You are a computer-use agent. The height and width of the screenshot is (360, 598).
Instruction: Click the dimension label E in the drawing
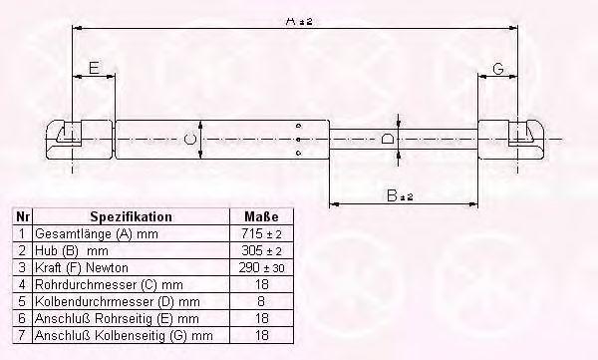(x=94, y=68)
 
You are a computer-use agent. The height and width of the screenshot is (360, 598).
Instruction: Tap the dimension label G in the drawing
(x=498, y=69)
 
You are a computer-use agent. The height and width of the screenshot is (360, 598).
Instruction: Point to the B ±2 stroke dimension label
(x=400, y=195)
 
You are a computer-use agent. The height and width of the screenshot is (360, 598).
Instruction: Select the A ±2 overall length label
(x=299, y=21)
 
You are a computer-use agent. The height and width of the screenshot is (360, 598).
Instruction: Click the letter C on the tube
(x=190, y=139)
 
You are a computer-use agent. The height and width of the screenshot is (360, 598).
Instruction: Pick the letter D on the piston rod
(x=388, y=139)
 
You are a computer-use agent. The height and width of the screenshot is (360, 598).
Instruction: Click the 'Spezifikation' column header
(x=132, y=216)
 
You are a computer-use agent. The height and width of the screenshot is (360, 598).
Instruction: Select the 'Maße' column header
(x=261, y=216)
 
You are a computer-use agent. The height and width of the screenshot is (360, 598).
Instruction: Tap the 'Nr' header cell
(x=23, y=216)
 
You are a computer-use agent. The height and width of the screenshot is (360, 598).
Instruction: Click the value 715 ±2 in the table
(x=261, y=233)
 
